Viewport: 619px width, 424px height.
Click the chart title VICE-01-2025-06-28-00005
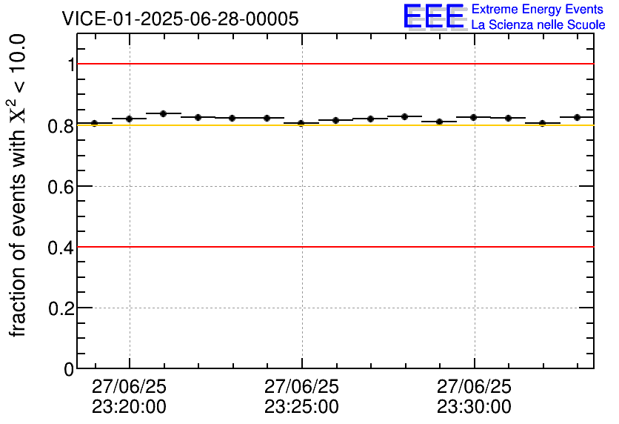(180, 19)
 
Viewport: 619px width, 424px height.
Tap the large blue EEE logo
(434, 16)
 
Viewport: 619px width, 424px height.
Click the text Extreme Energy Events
(538, 10)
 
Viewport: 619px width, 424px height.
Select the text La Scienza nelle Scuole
(538, 24)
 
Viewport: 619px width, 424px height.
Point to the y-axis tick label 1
(71, 64)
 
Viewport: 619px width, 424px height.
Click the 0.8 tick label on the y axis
(61, 125)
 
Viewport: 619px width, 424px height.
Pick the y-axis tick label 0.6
(61, 186)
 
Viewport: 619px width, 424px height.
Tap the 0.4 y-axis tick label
(61, 247)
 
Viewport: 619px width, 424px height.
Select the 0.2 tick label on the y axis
(61, 308)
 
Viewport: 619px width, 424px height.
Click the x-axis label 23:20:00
(130, 407)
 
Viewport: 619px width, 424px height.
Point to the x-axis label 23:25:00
(301, 407)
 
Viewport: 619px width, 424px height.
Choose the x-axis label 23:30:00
(474, 407)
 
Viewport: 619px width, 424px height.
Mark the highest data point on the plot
(164, 113)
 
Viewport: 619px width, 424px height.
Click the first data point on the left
(95, 123)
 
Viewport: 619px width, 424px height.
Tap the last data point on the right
(577, 117)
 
